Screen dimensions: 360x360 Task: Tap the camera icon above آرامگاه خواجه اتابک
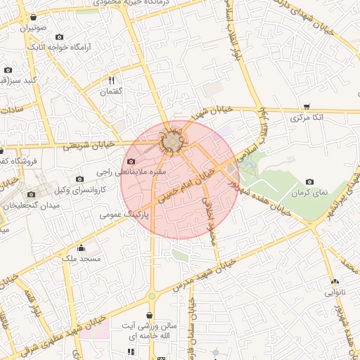(59, 37)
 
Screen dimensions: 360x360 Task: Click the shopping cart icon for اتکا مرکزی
(307, 107)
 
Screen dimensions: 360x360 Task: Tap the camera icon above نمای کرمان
(310, 182)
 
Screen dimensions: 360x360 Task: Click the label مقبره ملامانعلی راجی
(140, 171)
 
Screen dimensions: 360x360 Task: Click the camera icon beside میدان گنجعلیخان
(30, 194)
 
